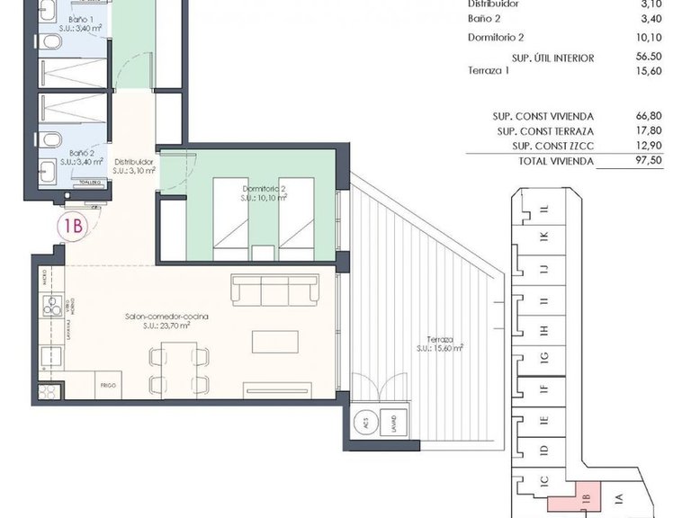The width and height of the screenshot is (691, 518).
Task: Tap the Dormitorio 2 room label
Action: (x=264, y=192)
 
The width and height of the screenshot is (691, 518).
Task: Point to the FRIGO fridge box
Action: (x=108, y=385)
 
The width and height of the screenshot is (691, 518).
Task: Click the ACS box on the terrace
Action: (x=364, y=419)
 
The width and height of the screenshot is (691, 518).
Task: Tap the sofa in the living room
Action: (x=274, y=289)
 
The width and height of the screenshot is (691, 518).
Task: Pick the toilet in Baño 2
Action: (x=53, y=138)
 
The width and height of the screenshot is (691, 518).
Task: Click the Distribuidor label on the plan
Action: (x=133, y=165)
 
